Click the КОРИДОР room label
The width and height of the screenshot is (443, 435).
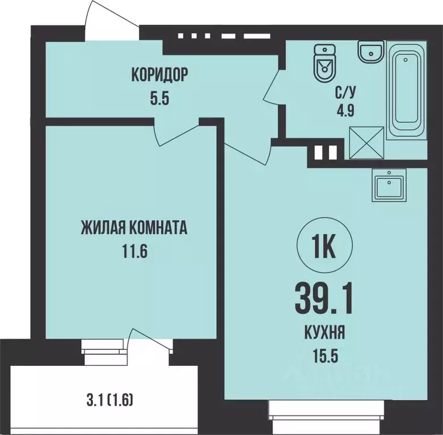click(x=159, y=74)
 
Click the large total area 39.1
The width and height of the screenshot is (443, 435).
click(x=324, y=299)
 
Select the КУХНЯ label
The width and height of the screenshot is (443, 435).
click(x=324, y=334)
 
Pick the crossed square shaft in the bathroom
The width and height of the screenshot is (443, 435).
click(x=367, y=142)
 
